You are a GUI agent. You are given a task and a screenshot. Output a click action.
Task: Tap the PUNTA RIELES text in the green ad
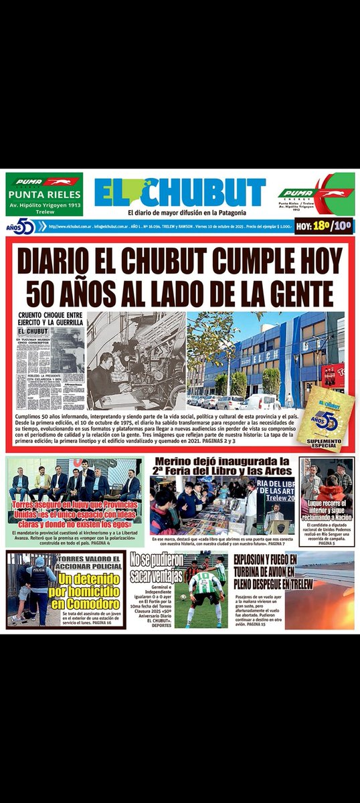point(44,195)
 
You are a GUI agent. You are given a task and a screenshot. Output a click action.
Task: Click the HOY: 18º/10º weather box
point(325,227)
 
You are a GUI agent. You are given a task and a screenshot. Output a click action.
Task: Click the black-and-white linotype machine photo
point(136,360)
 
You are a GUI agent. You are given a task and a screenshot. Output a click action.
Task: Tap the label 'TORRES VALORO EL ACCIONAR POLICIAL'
point(90,559)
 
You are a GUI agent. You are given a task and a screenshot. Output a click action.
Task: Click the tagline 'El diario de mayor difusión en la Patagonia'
point(179,212)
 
